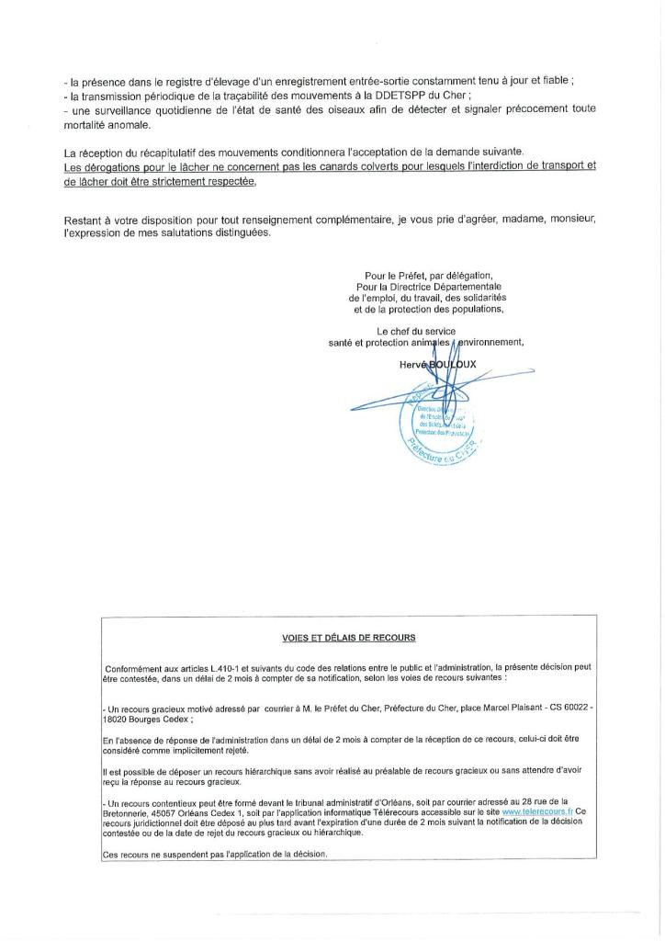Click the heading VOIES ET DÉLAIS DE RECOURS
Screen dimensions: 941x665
point(349,637)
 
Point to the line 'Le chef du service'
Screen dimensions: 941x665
point(416,331)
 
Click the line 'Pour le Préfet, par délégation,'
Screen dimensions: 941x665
point(428,276)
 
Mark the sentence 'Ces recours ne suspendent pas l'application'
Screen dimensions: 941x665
point(214,854)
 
